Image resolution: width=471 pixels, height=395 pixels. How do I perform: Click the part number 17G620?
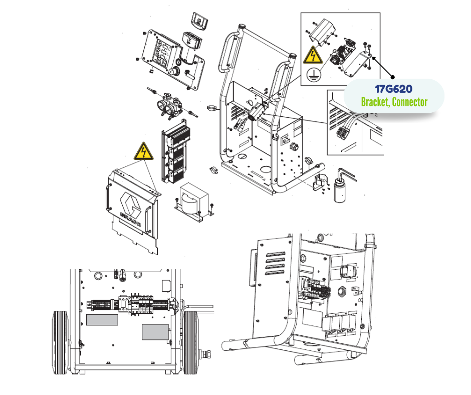393,89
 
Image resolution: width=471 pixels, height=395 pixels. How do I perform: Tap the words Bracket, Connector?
394,102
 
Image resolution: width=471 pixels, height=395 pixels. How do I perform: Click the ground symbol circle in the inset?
314,74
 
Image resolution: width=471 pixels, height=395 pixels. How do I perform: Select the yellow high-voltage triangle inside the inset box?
313,55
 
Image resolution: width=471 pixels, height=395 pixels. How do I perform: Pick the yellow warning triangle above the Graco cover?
144,151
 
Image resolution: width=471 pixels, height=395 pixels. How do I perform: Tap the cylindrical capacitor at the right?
340,190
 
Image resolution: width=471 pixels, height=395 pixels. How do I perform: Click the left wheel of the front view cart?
61,342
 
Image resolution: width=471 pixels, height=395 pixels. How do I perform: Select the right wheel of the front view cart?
190,342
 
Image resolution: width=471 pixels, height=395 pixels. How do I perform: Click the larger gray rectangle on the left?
102,320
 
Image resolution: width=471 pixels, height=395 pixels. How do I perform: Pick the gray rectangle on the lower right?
155,332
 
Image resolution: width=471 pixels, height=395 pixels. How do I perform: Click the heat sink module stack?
176,152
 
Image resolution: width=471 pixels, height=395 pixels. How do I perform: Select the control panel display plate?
170,59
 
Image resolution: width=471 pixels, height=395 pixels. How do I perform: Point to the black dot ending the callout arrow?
393,77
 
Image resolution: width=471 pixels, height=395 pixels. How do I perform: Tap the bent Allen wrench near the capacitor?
346,174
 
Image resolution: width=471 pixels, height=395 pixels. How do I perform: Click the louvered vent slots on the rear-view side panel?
275,263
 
